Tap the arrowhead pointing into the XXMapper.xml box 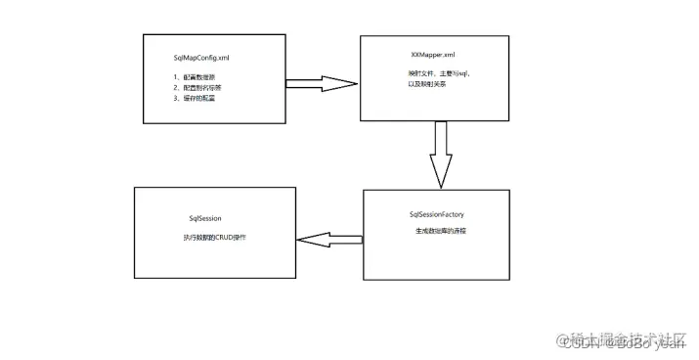(x=341, y=83)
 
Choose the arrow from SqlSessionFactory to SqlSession (x=329, y=240)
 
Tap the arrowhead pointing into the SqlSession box (x=309, y=240)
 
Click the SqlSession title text (x=208, y=219)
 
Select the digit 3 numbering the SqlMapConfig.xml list (x=176, y=98)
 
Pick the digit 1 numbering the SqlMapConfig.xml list (x=176, y=76)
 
